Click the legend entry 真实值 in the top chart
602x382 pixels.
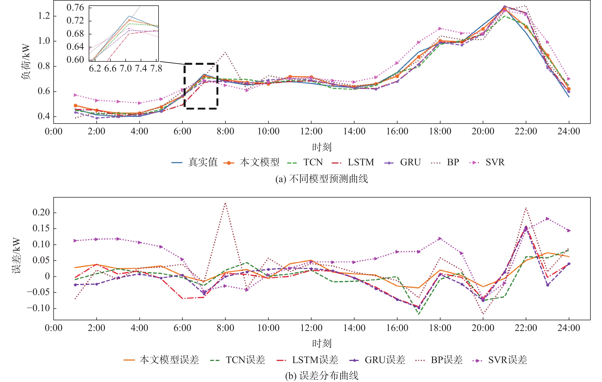(203, 162)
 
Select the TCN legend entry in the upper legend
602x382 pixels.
(313, 162)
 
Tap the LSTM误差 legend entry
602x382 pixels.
(315, 360)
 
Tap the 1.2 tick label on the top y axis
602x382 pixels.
(44, 16)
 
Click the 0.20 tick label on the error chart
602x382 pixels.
(41, 212)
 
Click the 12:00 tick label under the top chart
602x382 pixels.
(311, 131)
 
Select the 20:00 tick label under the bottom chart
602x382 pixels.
(483, 328)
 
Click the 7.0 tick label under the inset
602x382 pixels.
(126, 68)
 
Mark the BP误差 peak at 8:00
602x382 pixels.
(226, 203)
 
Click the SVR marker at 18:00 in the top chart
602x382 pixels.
(440, 29)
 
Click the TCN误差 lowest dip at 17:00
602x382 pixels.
(419, 314)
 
